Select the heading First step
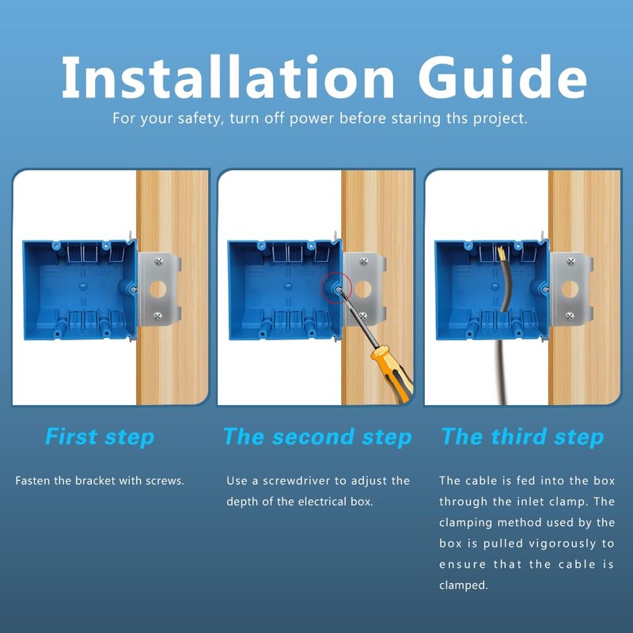[x=100, y=437]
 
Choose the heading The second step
[x=317, y=437]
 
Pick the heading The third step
[x=522, y=437]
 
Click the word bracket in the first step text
[x=100, y=481]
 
